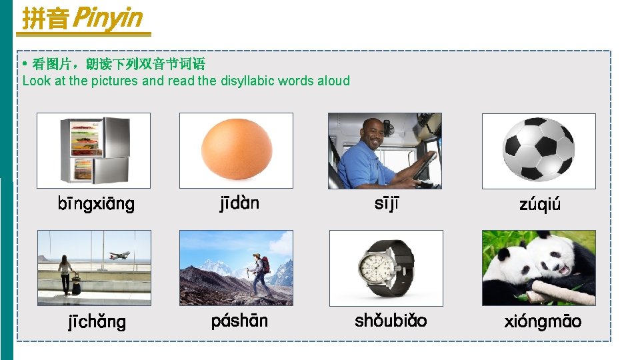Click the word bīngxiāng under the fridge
coord(96,204)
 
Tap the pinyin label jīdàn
coord(239,203)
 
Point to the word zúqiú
coord(540,204)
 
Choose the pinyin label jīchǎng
coord(97,322)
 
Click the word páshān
coord(239,321)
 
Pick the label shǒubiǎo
coord(391,321)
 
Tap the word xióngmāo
coord(543,321)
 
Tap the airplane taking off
coord(120,255)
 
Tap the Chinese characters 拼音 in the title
coord(45,19)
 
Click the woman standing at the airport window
coord(65,273)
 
